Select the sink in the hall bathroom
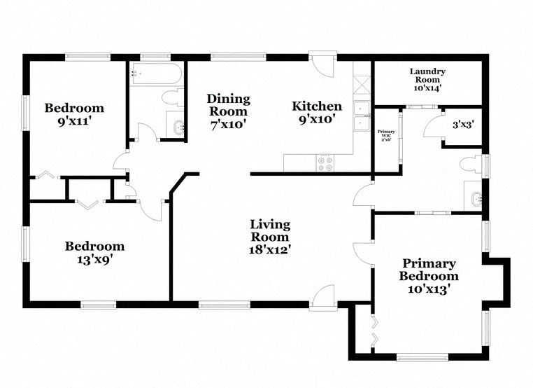[178, 127]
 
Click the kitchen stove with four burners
[325, 162]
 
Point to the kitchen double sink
[362, 116]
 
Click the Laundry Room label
[427, 79]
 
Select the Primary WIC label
[385, 135]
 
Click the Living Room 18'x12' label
[271, 236]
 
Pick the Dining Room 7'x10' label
[227, 112]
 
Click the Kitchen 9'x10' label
[317, 112]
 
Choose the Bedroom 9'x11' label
[74, 114]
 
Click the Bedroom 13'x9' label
[94, 252]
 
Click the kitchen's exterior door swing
[324, 67]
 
